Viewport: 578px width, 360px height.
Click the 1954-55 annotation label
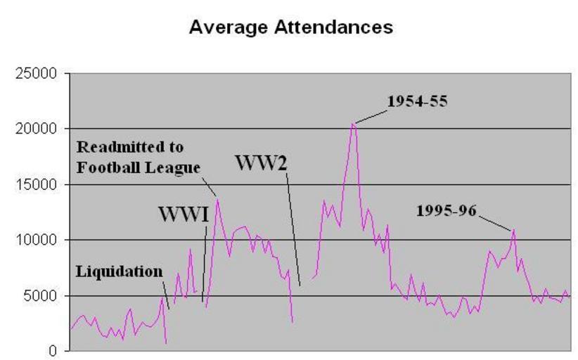pos(417,101)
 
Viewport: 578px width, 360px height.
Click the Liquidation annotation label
pos(119,271)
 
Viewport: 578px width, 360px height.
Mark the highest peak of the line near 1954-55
pos(354,124)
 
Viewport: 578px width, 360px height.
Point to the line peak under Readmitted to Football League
pos(218,200)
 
